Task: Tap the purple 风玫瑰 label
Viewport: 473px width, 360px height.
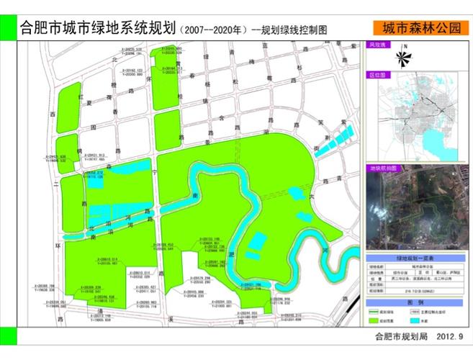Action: (x=378, y=45)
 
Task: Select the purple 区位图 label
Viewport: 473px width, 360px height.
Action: (x=378, y=73)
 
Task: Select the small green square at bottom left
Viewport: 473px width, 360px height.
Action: (x=8, y=336)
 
